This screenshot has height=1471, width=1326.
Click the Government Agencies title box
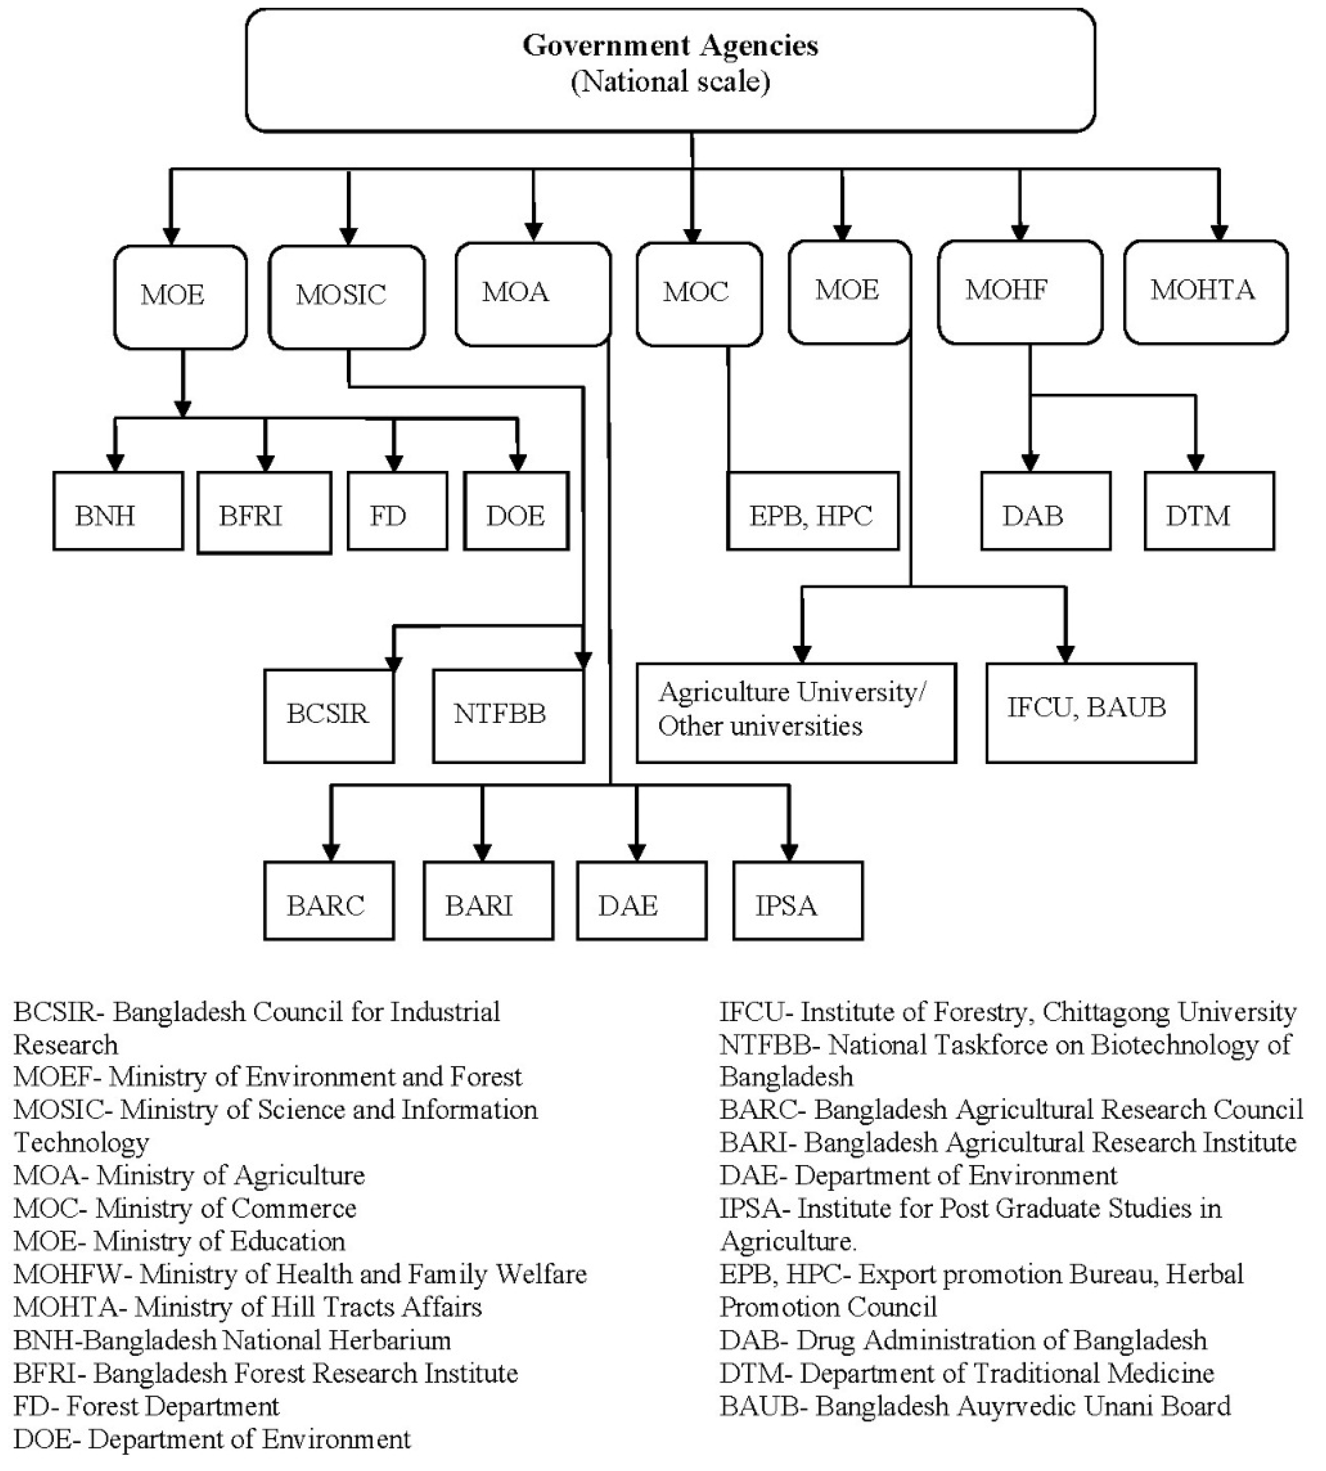(670, 70)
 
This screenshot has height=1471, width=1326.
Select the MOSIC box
(347, 296)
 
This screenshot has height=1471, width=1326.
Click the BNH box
(118, 511)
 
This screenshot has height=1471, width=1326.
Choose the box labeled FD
(397, 511)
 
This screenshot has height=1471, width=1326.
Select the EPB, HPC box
(813, 511)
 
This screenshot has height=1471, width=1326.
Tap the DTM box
(1209, 511)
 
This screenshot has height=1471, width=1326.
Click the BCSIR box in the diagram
(328, 716)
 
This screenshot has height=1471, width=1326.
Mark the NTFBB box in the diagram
(508, 716)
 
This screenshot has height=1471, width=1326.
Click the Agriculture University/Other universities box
(796, 712)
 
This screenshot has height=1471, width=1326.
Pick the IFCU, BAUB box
(1091, 712)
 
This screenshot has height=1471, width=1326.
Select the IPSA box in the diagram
(798, 901)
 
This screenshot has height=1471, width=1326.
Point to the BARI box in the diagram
(488, 901)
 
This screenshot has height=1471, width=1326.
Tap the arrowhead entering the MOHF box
(1020, 232)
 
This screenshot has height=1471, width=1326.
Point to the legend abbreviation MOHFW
(72, 1274)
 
